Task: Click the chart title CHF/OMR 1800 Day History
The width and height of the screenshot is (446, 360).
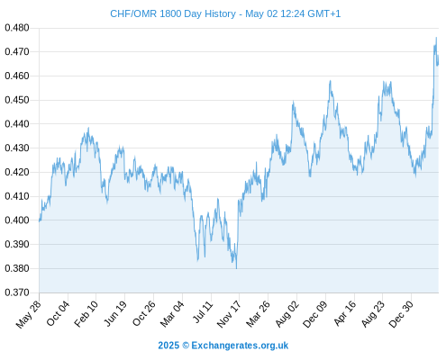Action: tap(173, 14)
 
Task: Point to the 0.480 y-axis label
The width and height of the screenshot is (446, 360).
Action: tap(17, 28)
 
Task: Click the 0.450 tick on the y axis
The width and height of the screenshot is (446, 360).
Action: tap(17, 100)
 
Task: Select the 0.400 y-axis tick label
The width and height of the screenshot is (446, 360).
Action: tap(17, 220)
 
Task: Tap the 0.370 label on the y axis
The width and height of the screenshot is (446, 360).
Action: tap(17, 292)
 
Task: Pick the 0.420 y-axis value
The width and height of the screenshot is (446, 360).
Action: tap(17, 172)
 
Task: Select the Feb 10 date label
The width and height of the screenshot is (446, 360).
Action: tap(86, 313)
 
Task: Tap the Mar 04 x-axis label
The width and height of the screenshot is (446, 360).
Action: tap(172, 313)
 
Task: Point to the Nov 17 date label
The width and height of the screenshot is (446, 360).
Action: tap(229, 314)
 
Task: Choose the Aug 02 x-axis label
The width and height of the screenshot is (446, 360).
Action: tap(287, 313)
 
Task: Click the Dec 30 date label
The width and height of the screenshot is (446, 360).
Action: tap(401, 314)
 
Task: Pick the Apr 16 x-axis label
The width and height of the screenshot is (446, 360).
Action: tap(345, 313)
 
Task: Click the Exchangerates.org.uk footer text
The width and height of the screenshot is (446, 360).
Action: tap(240, 346)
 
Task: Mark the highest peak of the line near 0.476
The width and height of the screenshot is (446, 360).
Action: tap(436, 38)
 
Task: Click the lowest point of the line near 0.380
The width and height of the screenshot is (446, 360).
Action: tap(236, 268)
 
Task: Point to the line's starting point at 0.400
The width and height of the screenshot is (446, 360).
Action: tap(40, 221)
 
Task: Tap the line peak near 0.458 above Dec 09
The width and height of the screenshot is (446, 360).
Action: tap(330, 81)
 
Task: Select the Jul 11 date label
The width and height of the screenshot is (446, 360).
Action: tap(203, 312)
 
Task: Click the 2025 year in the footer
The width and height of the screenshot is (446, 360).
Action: tap(168, 346)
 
